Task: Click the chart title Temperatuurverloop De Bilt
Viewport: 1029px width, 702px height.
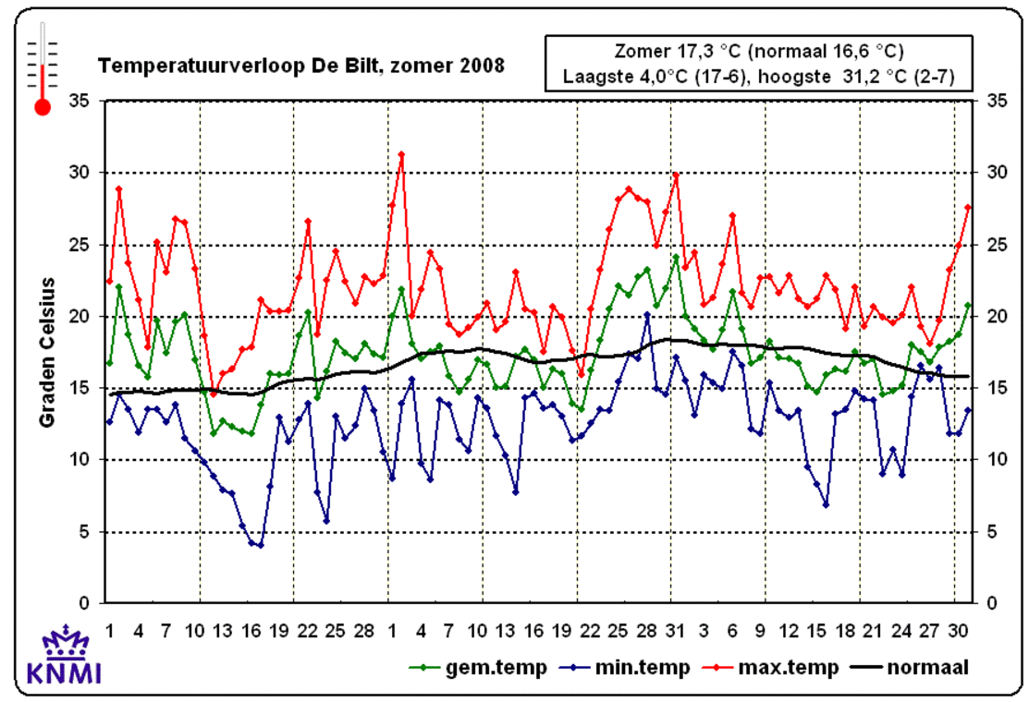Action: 301,66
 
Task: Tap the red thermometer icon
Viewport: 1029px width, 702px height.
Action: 43,69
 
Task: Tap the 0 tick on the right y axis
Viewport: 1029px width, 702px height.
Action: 993,603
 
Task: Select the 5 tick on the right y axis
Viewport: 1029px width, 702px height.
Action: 993,531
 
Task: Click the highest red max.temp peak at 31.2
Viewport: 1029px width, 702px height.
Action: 401,154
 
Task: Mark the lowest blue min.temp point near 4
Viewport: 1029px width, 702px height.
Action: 260,545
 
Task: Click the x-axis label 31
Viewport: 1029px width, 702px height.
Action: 676,630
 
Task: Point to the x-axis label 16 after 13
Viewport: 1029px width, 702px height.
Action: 251,630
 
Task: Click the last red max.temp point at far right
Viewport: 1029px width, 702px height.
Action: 968,207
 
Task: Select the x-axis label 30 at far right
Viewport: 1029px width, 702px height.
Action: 960,630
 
